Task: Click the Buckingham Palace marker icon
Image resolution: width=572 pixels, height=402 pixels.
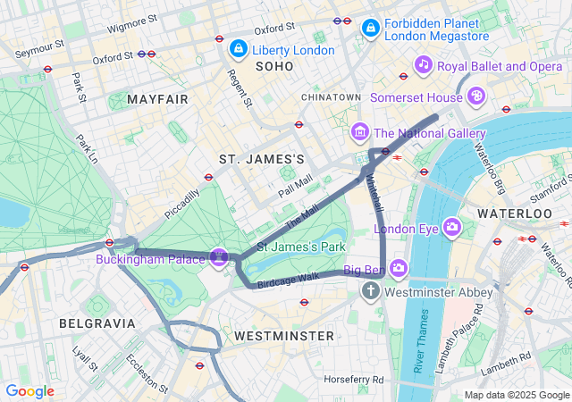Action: coord(219,258)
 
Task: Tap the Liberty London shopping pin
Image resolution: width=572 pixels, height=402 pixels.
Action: coord(238,48)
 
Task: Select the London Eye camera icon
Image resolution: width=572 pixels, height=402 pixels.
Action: coord(451,228)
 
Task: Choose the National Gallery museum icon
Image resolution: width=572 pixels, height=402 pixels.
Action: coord(360,133)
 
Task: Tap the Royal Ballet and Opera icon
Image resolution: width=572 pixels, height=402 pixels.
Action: coord(423,65)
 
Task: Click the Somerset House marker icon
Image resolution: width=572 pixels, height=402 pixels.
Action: coord(477,94)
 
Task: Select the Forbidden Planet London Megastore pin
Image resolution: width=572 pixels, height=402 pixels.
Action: coord(369,30)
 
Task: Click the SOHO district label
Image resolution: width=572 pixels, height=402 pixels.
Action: coord(274,67)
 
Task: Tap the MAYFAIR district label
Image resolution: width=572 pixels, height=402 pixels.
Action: coord(159,98)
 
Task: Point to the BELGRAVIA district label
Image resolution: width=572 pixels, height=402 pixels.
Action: coord(97,322)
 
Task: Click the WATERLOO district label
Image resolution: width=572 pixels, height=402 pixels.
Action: coord(514,214)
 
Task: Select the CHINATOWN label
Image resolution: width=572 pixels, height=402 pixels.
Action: coord(331,96)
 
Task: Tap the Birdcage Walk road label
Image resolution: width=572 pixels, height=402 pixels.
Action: coord(288,281)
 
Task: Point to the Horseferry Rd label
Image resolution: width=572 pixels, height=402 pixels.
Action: coord(353,380)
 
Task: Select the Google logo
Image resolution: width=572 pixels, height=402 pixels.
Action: coord(29,391)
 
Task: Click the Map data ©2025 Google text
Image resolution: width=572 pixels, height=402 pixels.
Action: coord(517,395)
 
